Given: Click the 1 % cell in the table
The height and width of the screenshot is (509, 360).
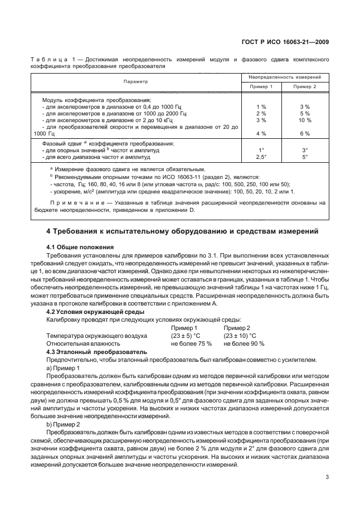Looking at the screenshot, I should (260, 106).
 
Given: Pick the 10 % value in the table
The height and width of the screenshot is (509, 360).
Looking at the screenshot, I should (304, 120).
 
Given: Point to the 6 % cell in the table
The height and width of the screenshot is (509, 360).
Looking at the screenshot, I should (304, 134).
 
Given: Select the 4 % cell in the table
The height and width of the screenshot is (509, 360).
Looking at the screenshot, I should (260, 134).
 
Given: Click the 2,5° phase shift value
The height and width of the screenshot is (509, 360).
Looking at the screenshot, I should (260, 157).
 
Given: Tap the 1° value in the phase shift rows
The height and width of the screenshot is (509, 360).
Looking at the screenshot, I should (260, 150).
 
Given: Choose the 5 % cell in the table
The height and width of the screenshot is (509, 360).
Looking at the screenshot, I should (304, 113).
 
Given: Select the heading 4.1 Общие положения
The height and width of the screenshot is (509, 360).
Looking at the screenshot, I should (80, 246).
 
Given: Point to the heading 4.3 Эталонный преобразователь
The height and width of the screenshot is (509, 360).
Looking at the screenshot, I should (96, 352).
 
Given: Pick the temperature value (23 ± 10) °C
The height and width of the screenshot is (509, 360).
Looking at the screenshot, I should (240, 336).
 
